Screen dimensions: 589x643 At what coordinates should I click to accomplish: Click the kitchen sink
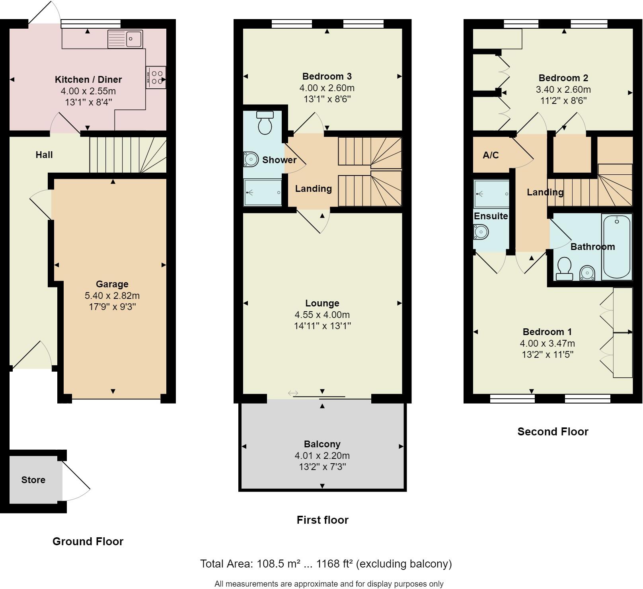(125, 39)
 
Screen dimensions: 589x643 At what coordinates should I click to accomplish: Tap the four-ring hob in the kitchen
(156, 77)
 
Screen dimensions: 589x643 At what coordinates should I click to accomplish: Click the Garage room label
(112, 284)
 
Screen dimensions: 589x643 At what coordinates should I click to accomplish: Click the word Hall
(44, 155)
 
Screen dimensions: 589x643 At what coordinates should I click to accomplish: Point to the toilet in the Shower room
(265, 123)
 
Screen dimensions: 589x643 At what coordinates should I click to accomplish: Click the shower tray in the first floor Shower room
(263, 193)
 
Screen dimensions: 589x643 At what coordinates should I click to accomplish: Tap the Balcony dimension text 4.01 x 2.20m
(322, 455)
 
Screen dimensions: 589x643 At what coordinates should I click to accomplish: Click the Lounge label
(322, 303)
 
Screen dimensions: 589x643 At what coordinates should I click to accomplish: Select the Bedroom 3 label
(327, 76)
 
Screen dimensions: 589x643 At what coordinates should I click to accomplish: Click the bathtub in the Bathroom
(617, 247)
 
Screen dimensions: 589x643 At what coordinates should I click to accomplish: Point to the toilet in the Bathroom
(564, 269)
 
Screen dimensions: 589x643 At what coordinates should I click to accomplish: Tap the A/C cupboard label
(490, 155)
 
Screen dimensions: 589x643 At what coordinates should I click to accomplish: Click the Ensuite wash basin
(481, 232)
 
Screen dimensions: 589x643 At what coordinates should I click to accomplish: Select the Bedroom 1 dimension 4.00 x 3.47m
(547, 343)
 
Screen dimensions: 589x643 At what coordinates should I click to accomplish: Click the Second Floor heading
(552, 431)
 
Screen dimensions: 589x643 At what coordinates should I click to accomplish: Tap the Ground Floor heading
(88, 541)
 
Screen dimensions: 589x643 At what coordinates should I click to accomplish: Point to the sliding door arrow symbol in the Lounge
(293, 393)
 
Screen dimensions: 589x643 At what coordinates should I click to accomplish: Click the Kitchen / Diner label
(88, 80)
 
